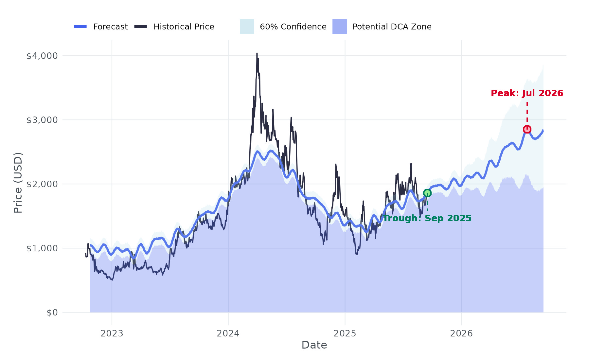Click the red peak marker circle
[527, 129]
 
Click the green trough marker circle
[427, 193]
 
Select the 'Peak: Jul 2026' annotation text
[527, 93]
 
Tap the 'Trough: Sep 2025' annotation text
[427, 218]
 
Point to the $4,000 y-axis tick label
[42, 56]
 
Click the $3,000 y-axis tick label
[42, 120]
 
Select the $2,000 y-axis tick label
[42, 184]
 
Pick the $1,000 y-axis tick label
[42, 248]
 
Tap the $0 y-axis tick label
[52, 313]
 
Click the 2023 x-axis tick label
[112, 333]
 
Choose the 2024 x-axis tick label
[228, 333]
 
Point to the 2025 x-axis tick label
[345, 333]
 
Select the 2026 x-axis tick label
[461, 333]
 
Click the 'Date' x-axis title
[314, 345]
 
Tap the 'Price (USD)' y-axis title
[18, 183]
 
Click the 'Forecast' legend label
[110, 27]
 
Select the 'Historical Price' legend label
[184, 27]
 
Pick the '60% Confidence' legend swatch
[247, 27]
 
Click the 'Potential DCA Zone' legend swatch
[340, 27]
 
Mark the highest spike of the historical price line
[257, 53]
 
